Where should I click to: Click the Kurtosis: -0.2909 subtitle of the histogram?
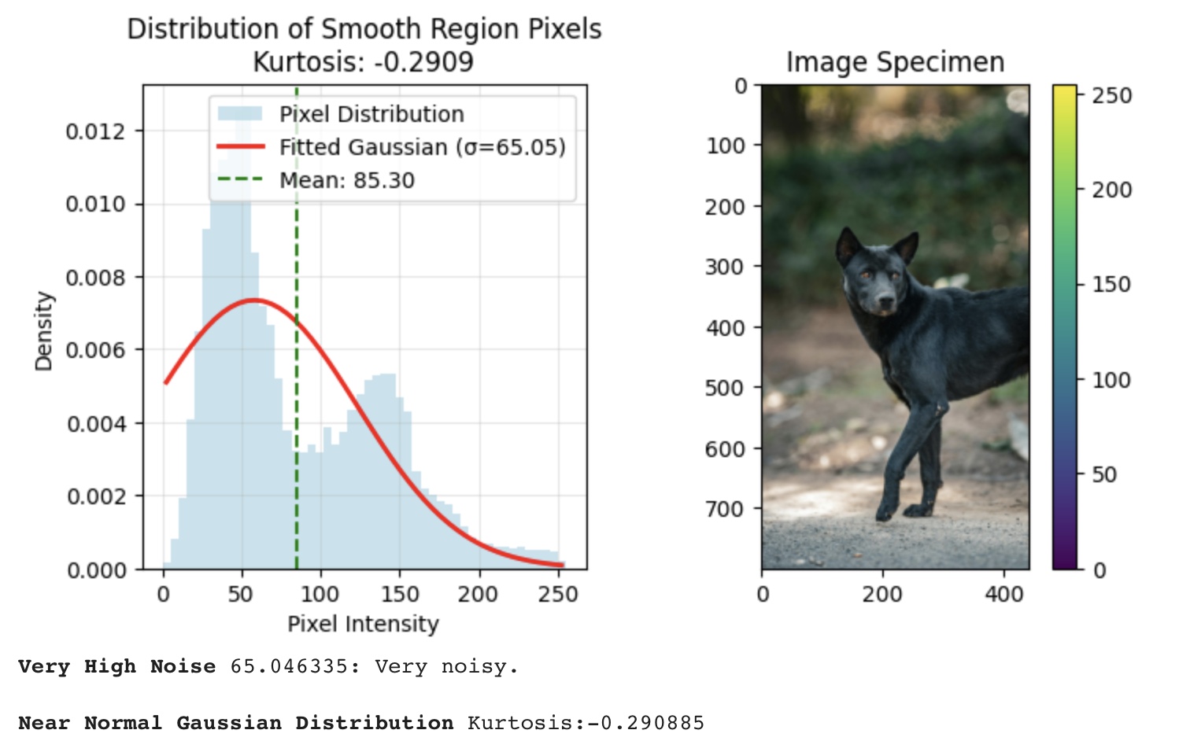point(363,62)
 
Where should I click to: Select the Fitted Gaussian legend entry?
point(422,147)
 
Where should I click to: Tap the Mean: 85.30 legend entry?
point(346,180)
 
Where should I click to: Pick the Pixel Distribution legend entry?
point(371,114)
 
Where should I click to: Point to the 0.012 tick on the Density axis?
point(95,131)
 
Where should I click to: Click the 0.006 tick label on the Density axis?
point(95,350)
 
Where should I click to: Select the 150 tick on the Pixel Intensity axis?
point(399,593)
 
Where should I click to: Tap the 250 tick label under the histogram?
point(558,593)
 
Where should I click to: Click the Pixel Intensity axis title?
point(363,624)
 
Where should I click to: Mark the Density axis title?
point(43,330)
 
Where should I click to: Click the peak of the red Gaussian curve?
point(254,300)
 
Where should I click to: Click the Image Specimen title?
point(895,62)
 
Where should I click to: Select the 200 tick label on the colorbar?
point(1111,190)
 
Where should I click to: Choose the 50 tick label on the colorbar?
point(1104,474)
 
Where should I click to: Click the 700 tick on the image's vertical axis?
point(724,509)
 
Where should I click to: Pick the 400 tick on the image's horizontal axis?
point(1003,593)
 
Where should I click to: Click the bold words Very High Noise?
point(116,666)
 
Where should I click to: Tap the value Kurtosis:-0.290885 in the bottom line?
point(586,722)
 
